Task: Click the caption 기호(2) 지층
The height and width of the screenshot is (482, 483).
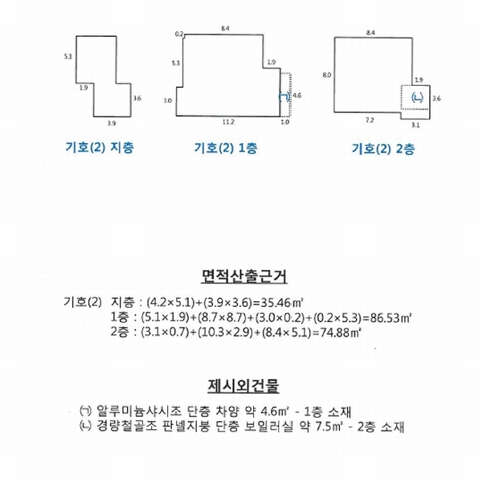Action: [100, 148]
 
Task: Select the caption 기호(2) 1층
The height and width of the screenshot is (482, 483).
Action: [226, 148]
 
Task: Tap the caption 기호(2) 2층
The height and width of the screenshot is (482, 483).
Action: [383, 149]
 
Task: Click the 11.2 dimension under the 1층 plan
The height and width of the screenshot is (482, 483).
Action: [228, 122]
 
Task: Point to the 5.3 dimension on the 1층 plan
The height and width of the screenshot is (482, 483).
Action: [175, 63]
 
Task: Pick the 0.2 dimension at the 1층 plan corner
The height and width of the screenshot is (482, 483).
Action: [179, 34]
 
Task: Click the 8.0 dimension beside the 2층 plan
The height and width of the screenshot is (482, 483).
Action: [327, 75]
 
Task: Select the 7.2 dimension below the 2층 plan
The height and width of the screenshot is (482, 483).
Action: [370, 120]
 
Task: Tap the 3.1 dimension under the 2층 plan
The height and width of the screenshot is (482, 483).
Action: [415, 125]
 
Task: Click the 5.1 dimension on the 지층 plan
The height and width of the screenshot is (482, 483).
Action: [68, 56]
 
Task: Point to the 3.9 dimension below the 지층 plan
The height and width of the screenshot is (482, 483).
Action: [112, 124]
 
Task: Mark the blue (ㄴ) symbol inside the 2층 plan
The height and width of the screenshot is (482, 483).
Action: [417, 98]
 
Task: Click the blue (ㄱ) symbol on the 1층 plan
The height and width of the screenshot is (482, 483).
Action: [284, 96]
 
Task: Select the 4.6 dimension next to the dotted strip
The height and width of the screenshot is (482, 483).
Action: [297, 96]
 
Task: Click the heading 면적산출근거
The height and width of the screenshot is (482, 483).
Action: [244, 276]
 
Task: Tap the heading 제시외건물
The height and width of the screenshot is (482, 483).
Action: [244, 386]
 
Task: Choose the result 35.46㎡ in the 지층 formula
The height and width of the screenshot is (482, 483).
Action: [282, 303]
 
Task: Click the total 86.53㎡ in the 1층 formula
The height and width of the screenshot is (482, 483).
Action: [391, 317]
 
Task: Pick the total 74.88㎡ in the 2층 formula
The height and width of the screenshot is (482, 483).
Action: [341, 333]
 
